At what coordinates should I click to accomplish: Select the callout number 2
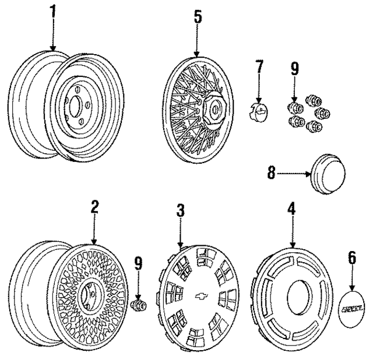pyautogui.click(x=94, y=207)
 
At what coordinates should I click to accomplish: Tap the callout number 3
pyautogui.click(x=181, y=210)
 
